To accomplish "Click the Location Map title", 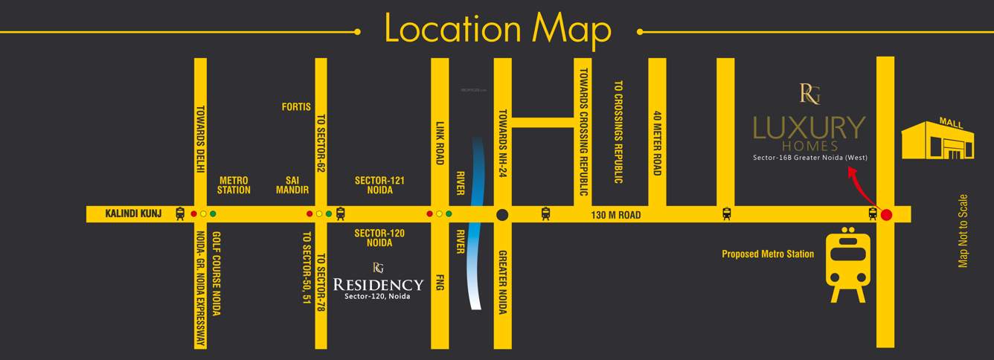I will click(x=497, y=29).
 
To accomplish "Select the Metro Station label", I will click(x=234, y=185).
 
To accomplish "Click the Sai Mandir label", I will click(x=292, y=185).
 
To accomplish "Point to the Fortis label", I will click(x=296, y=107).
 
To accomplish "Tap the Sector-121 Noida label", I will click(x=379, y=185).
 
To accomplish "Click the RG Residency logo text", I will click(x=378, y=284).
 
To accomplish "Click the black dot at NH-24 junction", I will click(x=502, y=215).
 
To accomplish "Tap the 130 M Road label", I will click(x=616, y=215).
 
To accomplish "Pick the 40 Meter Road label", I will click(x=657, y=144).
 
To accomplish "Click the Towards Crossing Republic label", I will click(x=584, y=132).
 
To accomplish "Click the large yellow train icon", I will click(x=849, y=266).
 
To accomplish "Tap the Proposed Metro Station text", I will click(x=768, y=254).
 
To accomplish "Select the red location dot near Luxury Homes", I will click(x=886, y=215).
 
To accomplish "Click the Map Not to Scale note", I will click(x=963, y=231).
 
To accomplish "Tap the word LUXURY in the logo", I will click(x=809, y=128).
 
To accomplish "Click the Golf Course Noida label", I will click(x=217, y=274).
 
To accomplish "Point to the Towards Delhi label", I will click(x=200, y=139).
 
